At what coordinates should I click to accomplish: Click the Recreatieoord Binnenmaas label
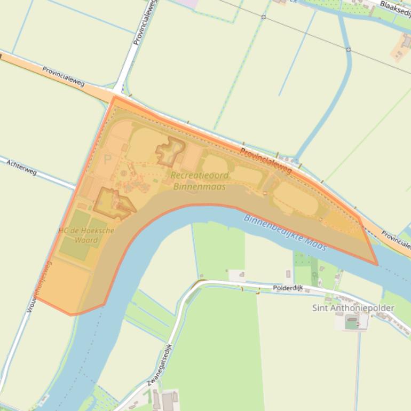click(x=200, y=181)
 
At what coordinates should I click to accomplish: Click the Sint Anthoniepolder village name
click(x=353, y=308)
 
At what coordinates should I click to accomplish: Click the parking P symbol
click(x=108, y=160)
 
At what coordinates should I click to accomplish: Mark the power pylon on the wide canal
click(x=348, y=50)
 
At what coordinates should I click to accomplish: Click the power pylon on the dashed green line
click(x=263, y=17)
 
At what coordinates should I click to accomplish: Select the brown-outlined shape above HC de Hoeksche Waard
click(x=113, y=203)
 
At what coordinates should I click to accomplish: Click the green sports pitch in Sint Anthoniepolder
click(x=351, y=322)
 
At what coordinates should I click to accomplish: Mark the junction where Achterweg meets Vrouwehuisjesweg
click(x=75, y=187)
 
